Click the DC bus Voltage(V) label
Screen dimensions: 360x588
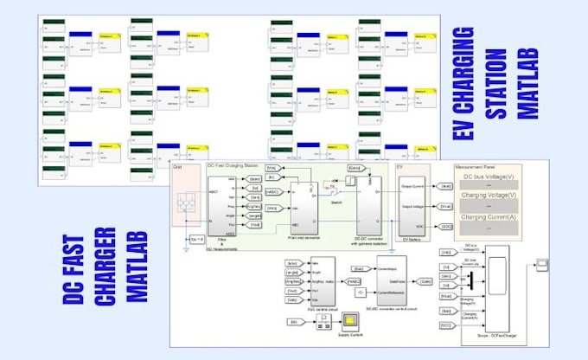491,177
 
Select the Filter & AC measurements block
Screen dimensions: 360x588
228,206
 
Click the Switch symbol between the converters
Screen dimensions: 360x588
331,189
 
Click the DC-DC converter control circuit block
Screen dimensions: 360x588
392,280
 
